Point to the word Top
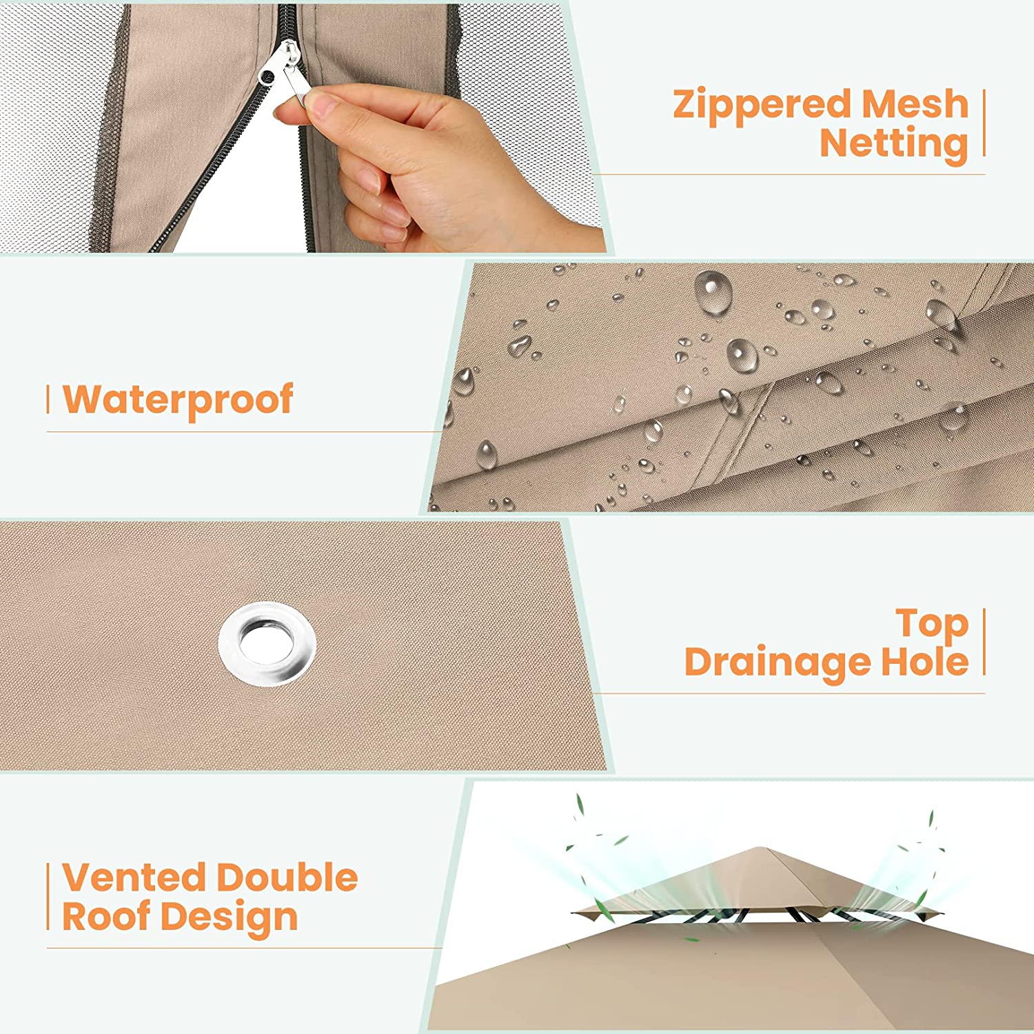(x=933, y=625)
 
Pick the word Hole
(x=925, y=661)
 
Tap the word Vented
(x=134, y=878)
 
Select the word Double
(x=287, y=878)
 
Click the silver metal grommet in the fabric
(x=267, y=643)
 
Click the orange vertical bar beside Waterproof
(x=48, y=401)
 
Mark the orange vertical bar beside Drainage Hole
(x=984, y=642)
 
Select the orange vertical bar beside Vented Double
(x=48, y=897)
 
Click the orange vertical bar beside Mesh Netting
(x=984, y=123)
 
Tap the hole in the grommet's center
(x=266, y=640)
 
